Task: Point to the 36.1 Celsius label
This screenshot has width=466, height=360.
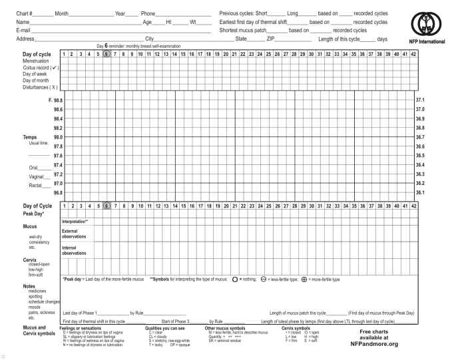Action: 420,192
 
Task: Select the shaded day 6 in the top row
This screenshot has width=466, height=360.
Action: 106,54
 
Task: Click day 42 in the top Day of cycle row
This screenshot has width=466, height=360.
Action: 413,54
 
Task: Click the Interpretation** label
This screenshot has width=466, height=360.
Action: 75,221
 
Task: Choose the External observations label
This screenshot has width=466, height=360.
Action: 74,234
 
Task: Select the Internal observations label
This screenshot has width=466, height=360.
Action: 74,251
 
